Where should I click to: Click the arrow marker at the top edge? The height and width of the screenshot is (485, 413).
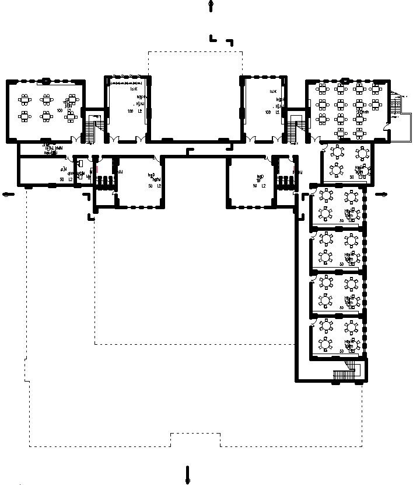(x=211, y=6)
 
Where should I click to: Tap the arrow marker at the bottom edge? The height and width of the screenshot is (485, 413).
(x=187, y=474)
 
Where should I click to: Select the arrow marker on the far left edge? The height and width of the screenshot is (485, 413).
(x=7, y=195)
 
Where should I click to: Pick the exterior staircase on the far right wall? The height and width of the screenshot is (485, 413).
(x=397, y=105)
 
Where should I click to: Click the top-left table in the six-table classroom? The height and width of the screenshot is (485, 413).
(x=24, y=98)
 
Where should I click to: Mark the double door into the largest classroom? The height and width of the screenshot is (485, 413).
(x=315, y=140)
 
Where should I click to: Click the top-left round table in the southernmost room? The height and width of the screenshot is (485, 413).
(x=325, y=325)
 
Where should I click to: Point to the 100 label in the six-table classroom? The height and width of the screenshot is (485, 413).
(x=60, y=110)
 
